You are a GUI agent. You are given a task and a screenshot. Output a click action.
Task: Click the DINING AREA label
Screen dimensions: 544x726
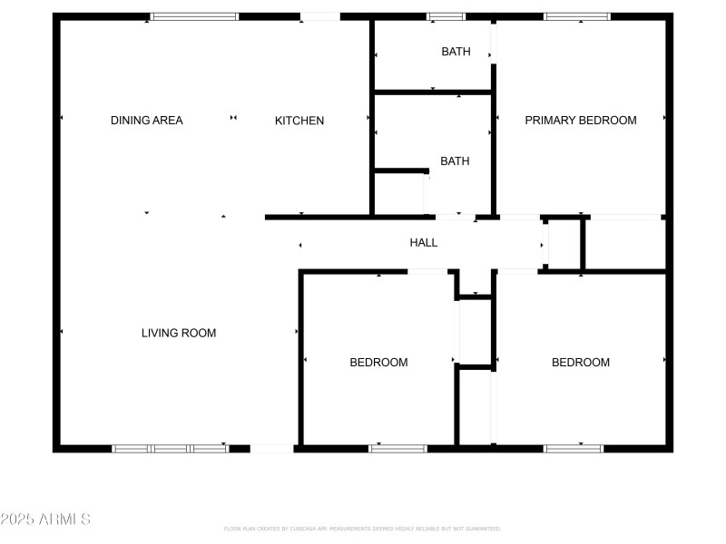click(x=146, y=121)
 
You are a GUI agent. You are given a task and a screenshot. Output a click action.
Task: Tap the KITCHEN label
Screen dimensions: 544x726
click(x=299, y=121)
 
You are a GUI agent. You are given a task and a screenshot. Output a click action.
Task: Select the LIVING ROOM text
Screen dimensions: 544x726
click(x=179, y=333)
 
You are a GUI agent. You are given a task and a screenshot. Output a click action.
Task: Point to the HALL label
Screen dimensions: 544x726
click(x=424, y=243)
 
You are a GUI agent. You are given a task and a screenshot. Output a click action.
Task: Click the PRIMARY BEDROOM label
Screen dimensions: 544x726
click(x=581, y=121)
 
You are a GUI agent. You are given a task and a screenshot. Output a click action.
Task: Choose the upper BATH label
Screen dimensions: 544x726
click(x=456, y=52)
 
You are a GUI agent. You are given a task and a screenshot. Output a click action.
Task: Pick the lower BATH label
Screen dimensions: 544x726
click(x=455, y=161)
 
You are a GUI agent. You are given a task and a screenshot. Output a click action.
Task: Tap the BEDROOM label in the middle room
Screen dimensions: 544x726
click(x=378, y=363)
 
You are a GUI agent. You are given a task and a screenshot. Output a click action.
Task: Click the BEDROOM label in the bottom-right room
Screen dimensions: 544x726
click(x=581, y=363)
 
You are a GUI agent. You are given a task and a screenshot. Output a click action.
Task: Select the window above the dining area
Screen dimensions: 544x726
click(x=194, y=16)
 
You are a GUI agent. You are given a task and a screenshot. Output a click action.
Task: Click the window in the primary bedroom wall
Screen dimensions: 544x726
click(x=577, y=16)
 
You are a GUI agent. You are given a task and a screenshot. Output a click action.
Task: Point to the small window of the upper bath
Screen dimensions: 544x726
click(x=446, y=16)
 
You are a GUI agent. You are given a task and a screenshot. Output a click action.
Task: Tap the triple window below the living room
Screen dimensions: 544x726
click(x=170, y=448)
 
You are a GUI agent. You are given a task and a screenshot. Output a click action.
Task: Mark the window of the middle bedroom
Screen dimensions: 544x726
click(x=397, y=448)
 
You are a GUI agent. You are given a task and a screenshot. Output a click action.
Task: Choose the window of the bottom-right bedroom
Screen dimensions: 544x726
click(x=574, y=448)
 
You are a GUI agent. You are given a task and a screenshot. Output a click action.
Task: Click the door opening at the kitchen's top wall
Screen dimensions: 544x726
click(x=319, y=16)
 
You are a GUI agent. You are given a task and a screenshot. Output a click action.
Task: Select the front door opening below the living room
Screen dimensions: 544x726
click(x=271, y=448)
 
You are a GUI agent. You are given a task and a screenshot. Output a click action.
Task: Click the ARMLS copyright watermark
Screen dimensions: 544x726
click(x=45, y=520)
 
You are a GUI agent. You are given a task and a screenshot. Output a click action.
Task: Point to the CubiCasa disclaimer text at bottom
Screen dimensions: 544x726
click(x=362, y=529)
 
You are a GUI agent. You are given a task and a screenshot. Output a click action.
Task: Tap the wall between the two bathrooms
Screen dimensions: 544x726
click(x=433, y=92)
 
